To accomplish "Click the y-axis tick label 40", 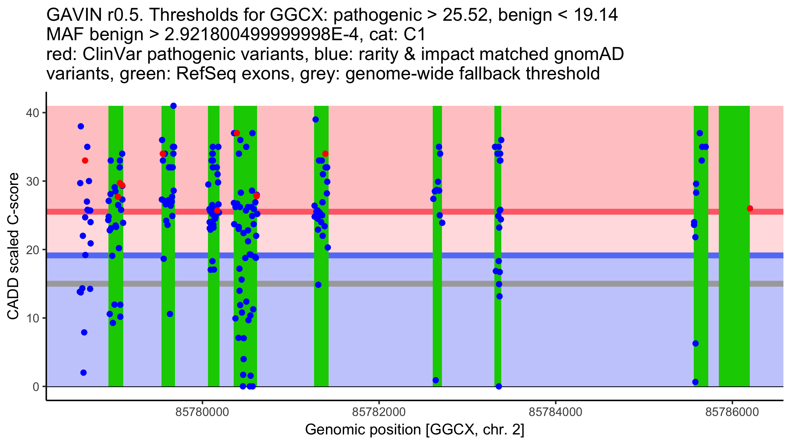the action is coord(33,113).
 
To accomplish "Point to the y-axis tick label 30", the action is coord(33,181).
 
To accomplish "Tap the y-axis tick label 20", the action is coord(33,250).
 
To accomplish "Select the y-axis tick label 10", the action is coord(33,318).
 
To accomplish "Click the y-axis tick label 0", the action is coord(36,387).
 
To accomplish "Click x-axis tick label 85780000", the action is coord(202,412).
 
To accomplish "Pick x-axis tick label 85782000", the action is coord(379,412).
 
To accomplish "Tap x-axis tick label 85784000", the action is coord(556,412).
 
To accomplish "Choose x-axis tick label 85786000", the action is coord(732,412).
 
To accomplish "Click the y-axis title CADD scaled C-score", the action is coord(13,247).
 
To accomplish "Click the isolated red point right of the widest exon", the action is coord(750,208).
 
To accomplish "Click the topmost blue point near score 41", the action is coord(173,106).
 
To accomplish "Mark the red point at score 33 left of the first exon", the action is coord(85,161).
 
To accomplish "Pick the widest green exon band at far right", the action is coord(734,246).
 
